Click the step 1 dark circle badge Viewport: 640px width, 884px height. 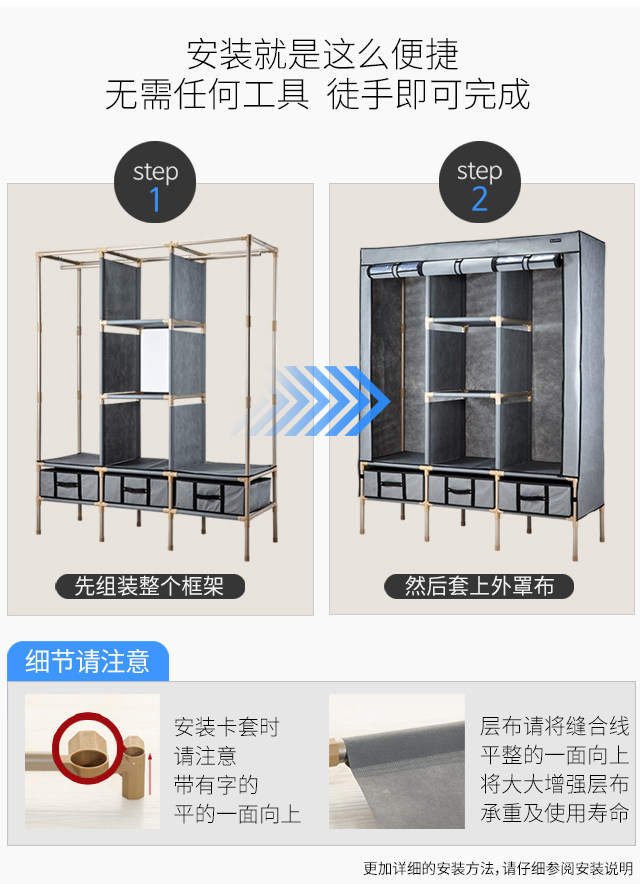[x=155, y=182]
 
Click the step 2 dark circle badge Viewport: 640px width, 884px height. [x=480, y=182]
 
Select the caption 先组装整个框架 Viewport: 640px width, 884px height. [x=150, y=586]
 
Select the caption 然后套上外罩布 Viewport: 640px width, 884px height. [x=479, y=586]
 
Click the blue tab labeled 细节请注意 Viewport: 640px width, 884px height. [x=87, y=661]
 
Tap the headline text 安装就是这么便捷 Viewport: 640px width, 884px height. [x=322, y=54]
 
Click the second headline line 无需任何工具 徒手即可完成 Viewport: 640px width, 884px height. [x=317, y=94]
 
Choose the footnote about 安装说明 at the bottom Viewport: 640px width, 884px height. [x=497, y=868]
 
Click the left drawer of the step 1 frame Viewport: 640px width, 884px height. [x=69, y=485]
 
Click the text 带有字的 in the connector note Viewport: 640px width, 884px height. [x=216, y=784]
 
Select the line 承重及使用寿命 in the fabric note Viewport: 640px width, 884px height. [x=554, y=813]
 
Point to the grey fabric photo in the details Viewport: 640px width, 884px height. [x=397, y=761]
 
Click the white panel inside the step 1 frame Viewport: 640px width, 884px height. [x=155, y=361]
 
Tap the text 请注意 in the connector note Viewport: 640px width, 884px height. [x=205, y=755]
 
